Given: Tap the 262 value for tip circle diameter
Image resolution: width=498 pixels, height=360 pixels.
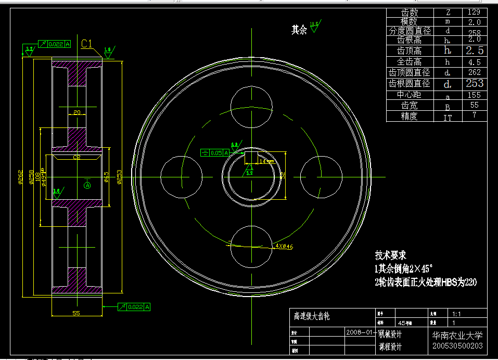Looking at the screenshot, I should [474, 72].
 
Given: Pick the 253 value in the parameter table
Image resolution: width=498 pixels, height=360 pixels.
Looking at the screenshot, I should [474, 83].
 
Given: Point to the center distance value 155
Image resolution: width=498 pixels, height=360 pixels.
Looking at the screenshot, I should [474, 95].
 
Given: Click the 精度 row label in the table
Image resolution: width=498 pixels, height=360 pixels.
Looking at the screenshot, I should [409, 117].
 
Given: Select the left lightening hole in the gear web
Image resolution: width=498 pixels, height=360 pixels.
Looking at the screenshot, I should [181, 177].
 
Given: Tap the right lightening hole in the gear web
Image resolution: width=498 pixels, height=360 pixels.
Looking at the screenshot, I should [321, 177].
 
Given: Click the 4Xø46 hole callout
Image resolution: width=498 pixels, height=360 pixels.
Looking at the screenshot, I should [284, 246].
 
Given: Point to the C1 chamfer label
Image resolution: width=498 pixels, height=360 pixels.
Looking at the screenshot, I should [87, 44].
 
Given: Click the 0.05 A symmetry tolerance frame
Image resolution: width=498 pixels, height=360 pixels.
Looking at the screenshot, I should [215, 152].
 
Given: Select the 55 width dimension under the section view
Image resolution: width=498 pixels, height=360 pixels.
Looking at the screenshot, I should [76, 313].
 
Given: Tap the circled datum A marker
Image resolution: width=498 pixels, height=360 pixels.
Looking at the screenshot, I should [87, 185].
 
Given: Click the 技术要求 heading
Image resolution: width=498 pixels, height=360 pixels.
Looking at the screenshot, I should [390, 255].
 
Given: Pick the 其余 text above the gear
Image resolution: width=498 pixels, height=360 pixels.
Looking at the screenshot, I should [299, 30].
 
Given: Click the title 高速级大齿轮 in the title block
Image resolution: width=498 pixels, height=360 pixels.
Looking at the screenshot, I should [312, 316].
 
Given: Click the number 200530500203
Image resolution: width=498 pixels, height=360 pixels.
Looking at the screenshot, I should [457, 346].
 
